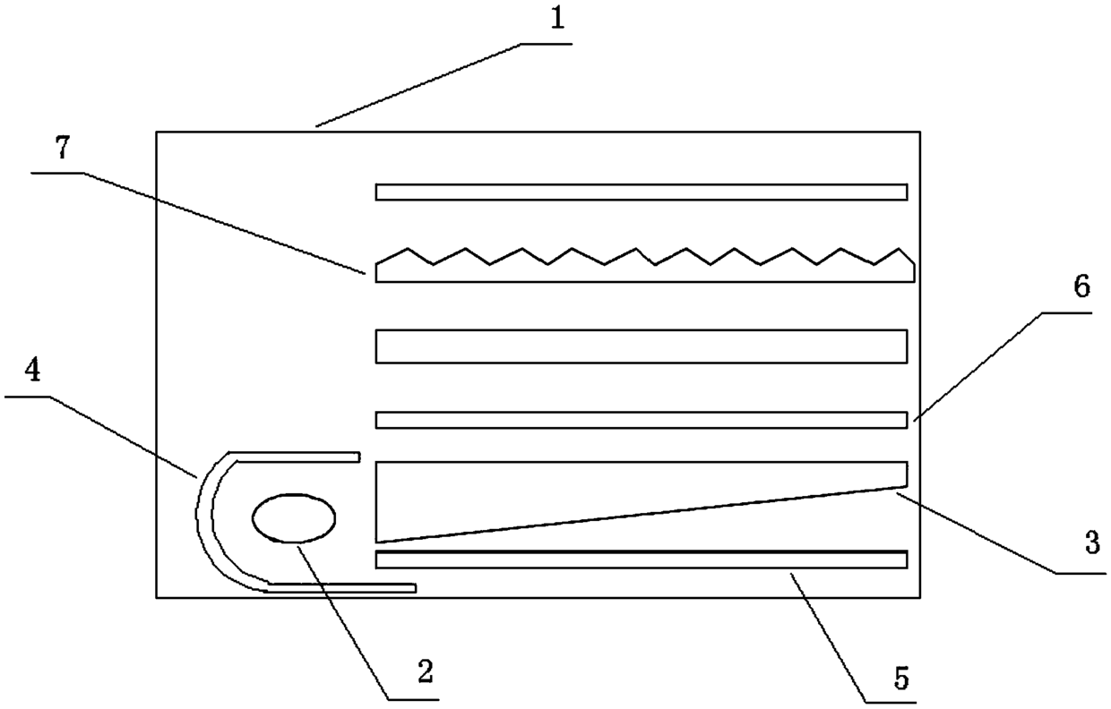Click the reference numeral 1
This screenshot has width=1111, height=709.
[557, 19]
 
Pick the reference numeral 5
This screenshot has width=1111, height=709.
[901, 679]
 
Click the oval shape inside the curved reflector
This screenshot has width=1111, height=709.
[294, 518]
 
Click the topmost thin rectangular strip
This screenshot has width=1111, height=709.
[642, 192]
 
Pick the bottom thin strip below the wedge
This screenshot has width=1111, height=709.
[642, 560]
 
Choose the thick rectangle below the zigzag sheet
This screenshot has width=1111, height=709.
[642, 346]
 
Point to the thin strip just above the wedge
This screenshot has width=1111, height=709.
[642, 420]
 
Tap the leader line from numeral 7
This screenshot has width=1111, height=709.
[224, 224]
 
